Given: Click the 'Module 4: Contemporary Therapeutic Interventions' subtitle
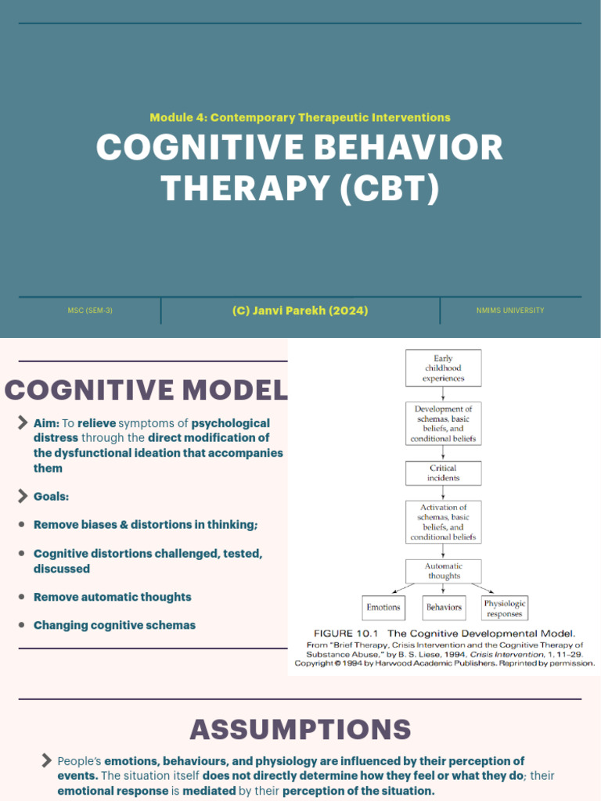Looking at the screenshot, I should point(300,117).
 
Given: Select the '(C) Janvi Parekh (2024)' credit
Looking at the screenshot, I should point(300,311).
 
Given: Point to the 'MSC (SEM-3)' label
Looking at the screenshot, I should point(90,311).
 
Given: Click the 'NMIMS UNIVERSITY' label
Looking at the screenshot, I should point(510,311).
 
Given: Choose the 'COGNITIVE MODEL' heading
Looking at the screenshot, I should point(146,390).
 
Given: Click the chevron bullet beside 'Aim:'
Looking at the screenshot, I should point(23,423).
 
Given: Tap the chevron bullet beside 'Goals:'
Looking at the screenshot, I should point(23,496).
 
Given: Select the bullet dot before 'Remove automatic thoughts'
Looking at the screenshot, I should point(22,597).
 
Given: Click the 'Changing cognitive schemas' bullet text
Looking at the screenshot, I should point(114,625).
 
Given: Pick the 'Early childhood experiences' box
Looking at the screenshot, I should point(443,368).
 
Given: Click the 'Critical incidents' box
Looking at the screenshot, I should point(443,472).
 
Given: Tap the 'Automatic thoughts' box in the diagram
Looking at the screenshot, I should point(443,570).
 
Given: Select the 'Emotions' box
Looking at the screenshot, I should point(383,607).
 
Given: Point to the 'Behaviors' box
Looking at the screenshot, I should point(443,607).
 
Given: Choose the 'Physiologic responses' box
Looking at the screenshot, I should point(505,608).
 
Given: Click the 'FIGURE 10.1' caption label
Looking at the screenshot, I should point(347,633).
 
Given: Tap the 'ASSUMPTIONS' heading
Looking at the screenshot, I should point(300,730).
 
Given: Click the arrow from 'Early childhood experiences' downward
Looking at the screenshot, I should point(443,394).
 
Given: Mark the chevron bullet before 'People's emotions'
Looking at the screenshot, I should point(46,761).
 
